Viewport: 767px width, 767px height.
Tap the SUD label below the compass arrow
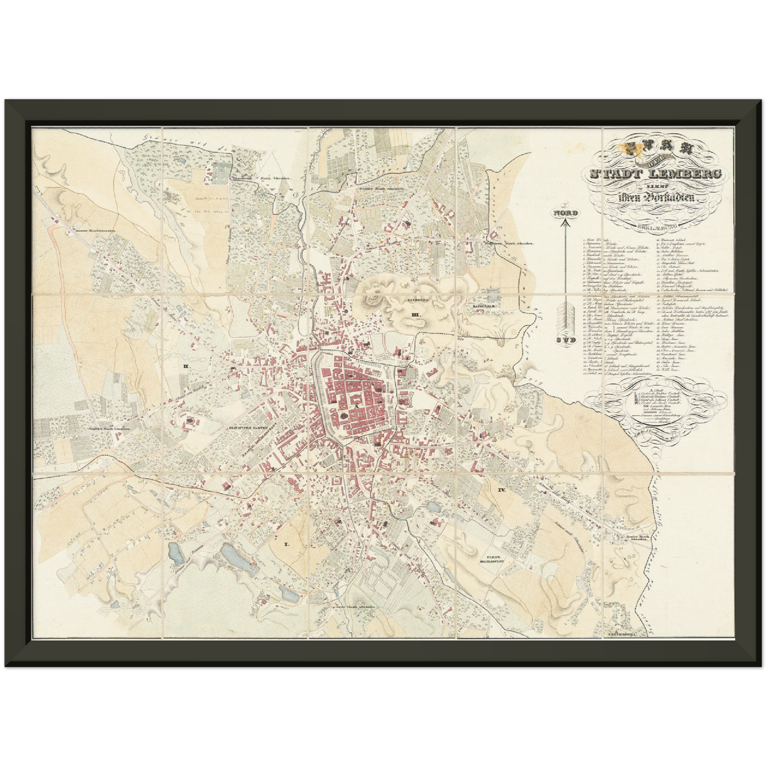click(566, 340)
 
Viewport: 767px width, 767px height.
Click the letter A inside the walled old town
click(358, 404)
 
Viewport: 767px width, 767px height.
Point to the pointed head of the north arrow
click(566, 223)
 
